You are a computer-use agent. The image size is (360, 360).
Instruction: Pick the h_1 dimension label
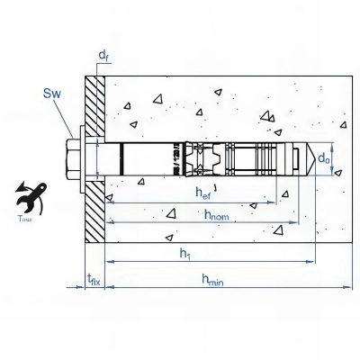point(184,255)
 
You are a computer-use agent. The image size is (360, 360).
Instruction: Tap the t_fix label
point(93,280)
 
